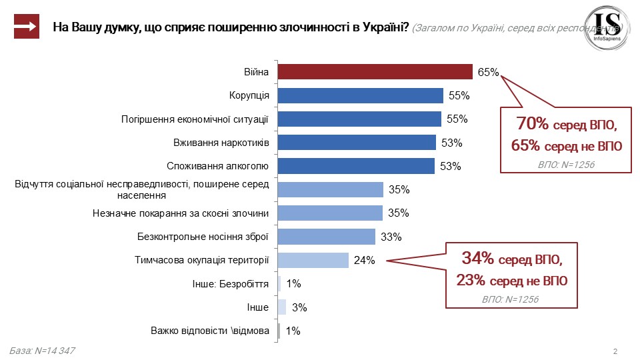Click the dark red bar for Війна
coord(375,72)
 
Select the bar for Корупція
coord(360,95)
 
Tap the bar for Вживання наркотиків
coord(356,143)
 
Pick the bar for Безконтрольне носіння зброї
coord(326,237)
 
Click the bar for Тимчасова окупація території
coord(313,260)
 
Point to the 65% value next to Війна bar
coord(487,73)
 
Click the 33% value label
coord(391,237)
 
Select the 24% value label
coord(364,261)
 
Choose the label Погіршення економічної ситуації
coord(195,119)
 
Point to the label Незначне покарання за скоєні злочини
coord(180,213)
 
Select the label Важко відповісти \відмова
coord(209,331)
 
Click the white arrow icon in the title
coord(27,27)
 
